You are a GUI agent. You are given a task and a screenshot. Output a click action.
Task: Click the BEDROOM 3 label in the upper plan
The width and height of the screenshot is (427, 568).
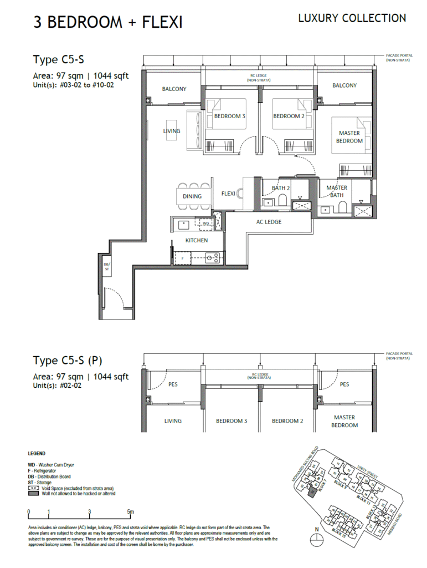pos(229,116)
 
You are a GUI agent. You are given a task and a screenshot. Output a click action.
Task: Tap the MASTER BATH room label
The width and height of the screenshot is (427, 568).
pos(337,191)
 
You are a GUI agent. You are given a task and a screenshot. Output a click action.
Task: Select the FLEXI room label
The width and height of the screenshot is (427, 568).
pos(228,194)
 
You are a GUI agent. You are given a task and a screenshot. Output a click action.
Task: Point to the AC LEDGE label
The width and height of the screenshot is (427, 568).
pos(269,222)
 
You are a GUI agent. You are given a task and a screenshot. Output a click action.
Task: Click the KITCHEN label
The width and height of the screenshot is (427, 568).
pos(197,240)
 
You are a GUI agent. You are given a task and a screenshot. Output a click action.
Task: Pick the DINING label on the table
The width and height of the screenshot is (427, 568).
pos(192,196)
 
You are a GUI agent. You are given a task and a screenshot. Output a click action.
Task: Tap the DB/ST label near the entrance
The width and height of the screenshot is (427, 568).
pos(106,266)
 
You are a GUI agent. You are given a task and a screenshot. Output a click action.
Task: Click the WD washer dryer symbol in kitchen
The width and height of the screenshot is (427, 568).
pos(205,224)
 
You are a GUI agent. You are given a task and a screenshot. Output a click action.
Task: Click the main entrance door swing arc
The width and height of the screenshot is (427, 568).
pos(114,297)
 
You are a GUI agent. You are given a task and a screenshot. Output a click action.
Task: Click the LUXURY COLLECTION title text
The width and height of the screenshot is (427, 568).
pos(352,18)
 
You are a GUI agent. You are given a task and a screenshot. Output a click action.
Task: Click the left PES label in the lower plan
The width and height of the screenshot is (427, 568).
pos(173,384)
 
